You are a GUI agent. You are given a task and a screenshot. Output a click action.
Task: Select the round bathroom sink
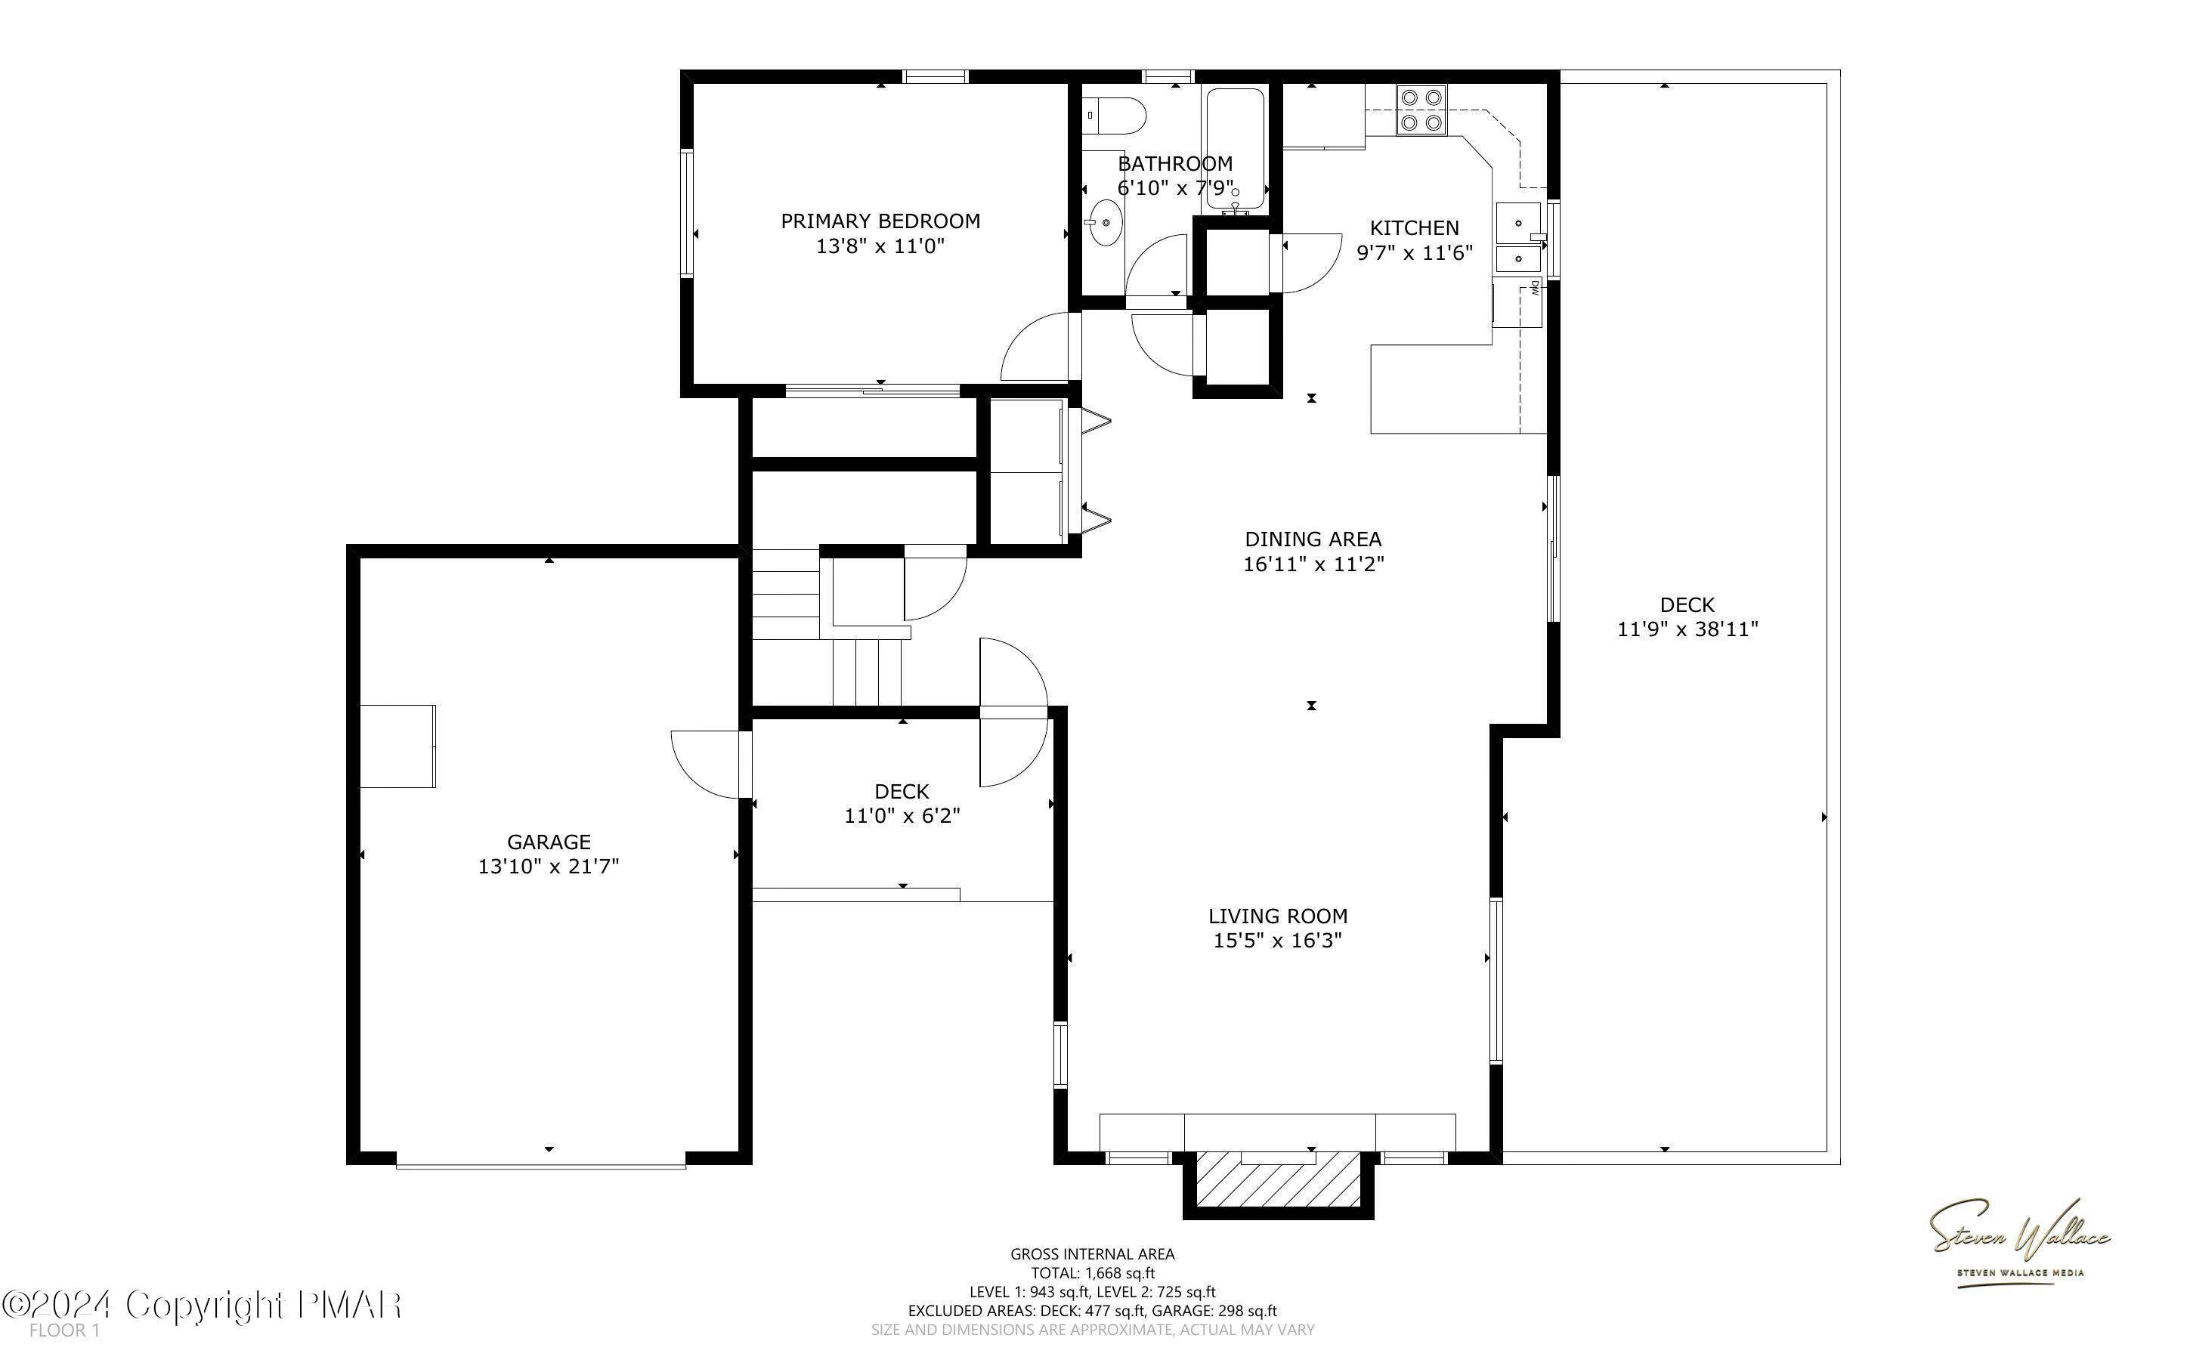click(x=1105, y=223)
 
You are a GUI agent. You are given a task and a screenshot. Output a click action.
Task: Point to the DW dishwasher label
click(x=1534, y=289)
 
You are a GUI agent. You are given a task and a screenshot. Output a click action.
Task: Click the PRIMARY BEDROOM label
click(x=880, y=221)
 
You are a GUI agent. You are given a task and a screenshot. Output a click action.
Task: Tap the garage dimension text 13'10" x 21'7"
click(x=549, y=867)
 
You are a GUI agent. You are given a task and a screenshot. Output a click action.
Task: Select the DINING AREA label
click(x=1313, y=539)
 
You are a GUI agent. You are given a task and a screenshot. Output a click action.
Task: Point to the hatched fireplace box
click(x=1278, y=1182)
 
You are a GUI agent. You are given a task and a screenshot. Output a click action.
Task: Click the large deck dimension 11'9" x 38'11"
click(x=1687, y=629)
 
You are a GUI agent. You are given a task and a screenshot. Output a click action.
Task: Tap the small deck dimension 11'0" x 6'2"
click(x=902, y=816)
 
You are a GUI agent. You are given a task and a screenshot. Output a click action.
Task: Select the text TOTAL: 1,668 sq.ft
click(x=1092, y=1273)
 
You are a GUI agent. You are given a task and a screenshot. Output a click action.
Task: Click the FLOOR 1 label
click(x=64, y=1330)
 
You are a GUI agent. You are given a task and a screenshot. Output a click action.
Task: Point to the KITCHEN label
click(x=1414, y=227)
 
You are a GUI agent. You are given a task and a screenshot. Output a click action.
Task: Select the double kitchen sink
click(x=1518, y=240)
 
